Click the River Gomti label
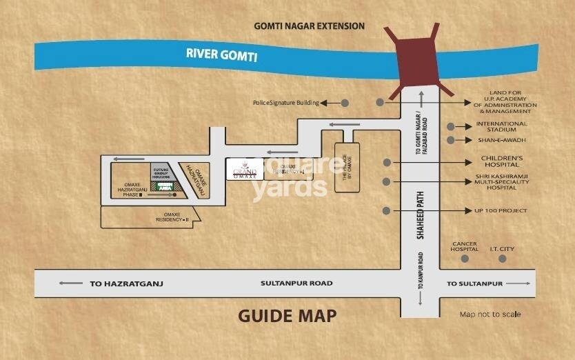pyautogui.click(x=221, y=54)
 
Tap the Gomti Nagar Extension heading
pyautogui.click(x=309, y=26)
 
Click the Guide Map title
pyautogui.click(x=287, y=316)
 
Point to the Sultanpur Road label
pyautogui.click(x=296, y=283)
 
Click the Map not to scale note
pyautogui.click(x=490, y=314)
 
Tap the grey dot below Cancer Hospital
pyautogui.click(x=465, y=259)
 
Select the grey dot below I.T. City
pyautogui.click(x=503, y=259)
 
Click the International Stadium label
pyautogui.click(x=501, y=127)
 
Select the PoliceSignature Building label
pyautogui.click(x=285, y=103)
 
